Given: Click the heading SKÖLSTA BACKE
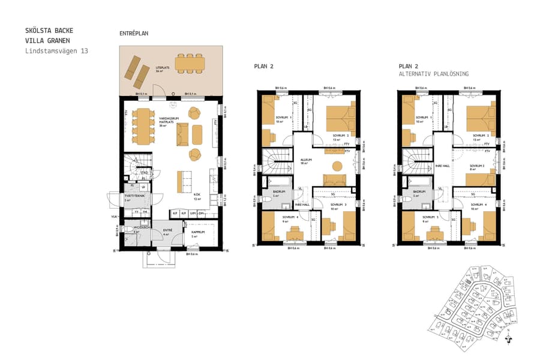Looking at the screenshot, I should coord(50,30).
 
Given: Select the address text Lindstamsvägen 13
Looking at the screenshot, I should coord(56,51).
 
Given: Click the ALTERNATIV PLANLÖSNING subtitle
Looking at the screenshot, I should coord(433,73).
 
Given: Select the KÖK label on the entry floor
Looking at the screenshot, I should coord(197,196).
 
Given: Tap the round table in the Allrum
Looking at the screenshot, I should coord(337,166).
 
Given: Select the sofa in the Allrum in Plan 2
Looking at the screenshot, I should coord(334,179).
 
